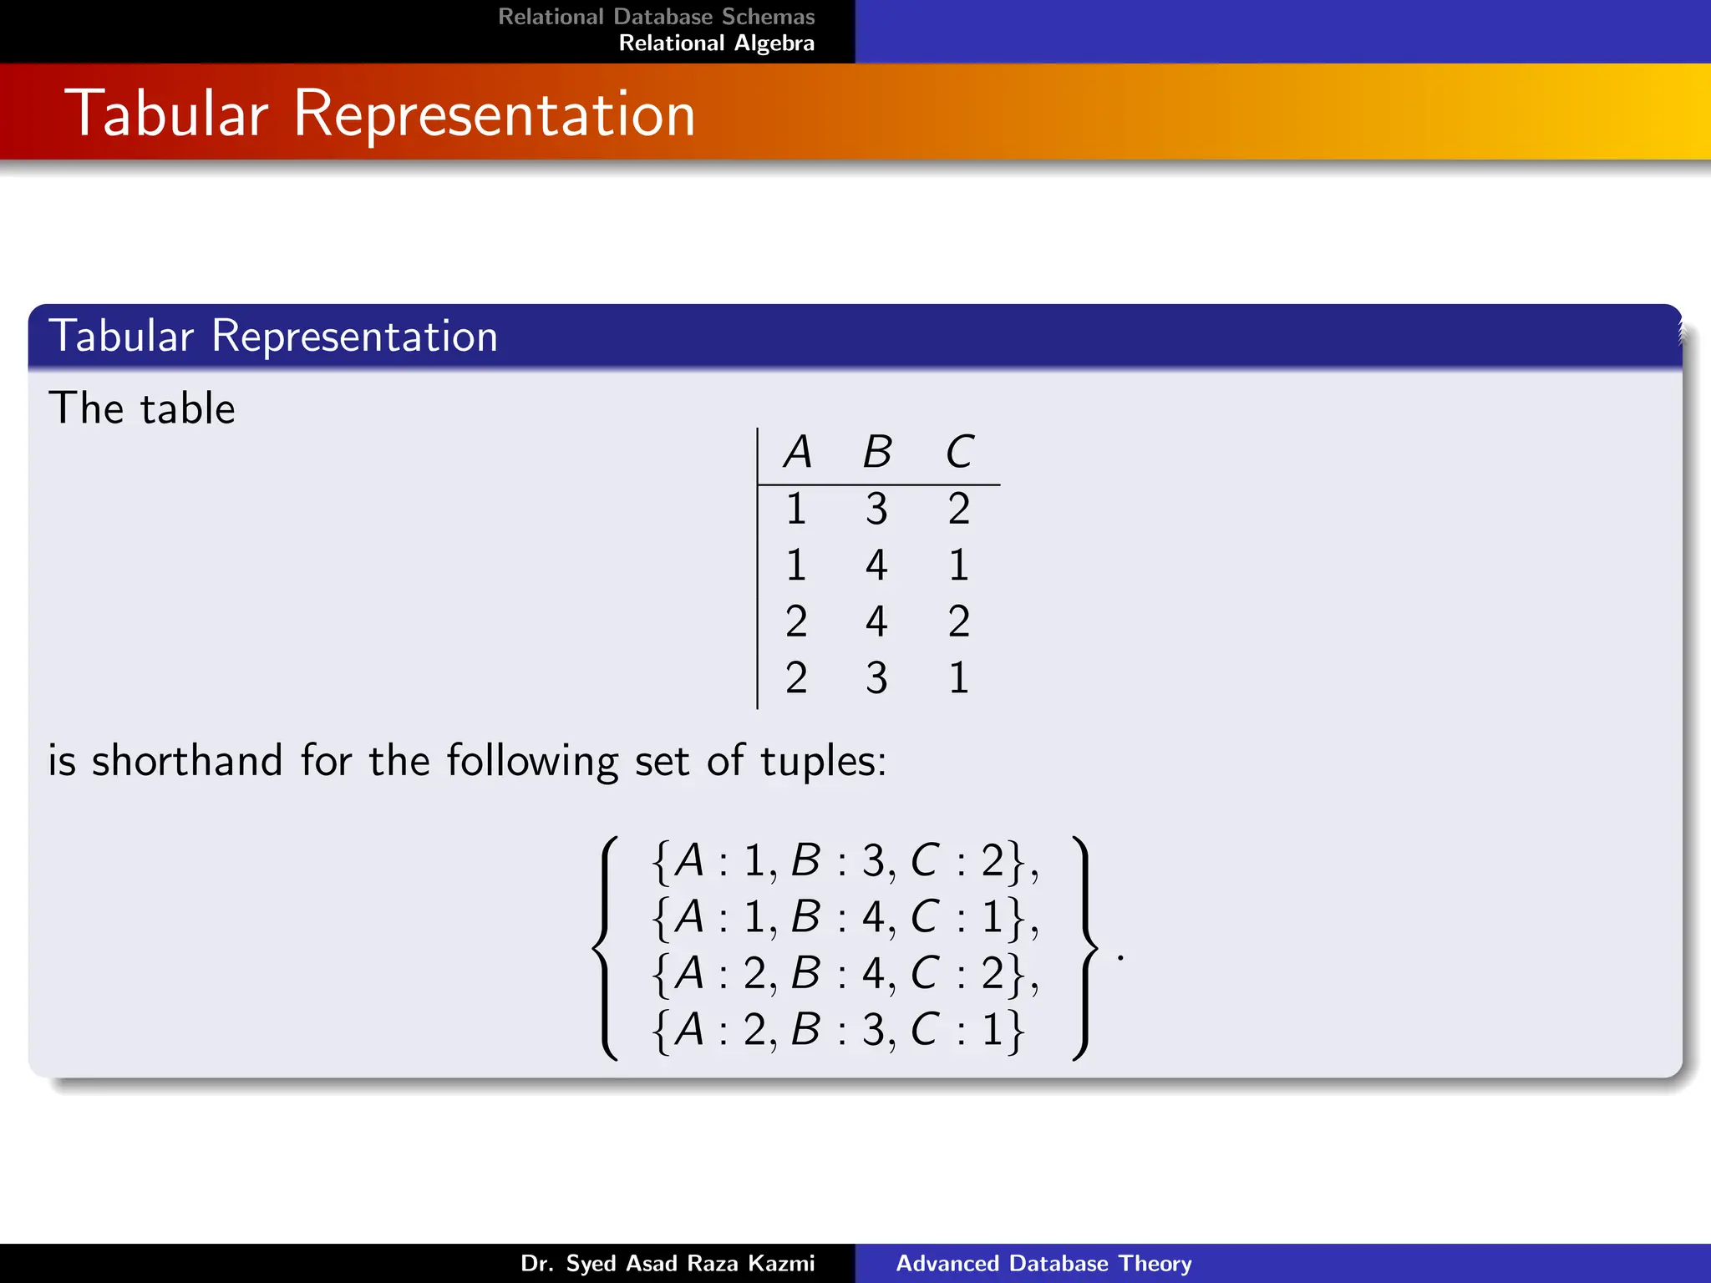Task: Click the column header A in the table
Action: click(798, 453)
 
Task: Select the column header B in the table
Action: click(877, 453)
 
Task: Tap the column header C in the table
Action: click(959, 453)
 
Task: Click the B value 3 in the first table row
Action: click(876, 509)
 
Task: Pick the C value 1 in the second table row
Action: click(959, 565)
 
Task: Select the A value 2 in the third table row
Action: click(796, 621)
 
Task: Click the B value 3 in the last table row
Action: click(876, 677)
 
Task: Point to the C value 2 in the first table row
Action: click(959, 509)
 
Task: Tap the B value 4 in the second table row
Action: click(876, 565)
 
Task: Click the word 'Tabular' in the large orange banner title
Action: click(171, 114)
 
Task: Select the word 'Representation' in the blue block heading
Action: click(354, 337)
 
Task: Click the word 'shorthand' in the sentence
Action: click(187, 761)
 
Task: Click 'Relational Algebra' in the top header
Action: click(716, 43)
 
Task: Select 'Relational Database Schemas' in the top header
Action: click(656, 17)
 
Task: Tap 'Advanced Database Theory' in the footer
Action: click(1043, 1263)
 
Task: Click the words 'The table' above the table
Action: click(142, 409)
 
